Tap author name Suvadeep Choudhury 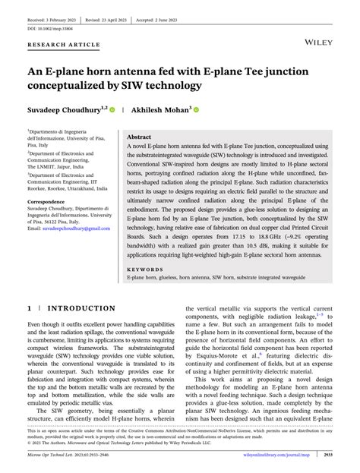tap(63, 110)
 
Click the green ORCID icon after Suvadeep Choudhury tap(112, 110)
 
